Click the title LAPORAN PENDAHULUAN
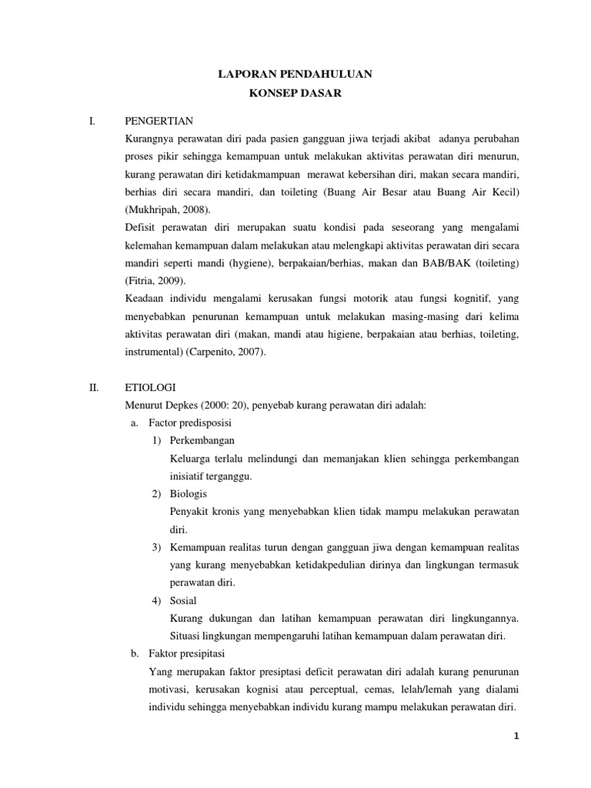[295, 74]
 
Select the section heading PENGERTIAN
[159, 121]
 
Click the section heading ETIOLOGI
[150, 387]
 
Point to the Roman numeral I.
[92, 121]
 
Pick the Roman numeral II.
[93, 387]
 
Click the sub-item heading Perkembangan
[202, 440]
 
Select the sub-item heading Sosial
[183, 599]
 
